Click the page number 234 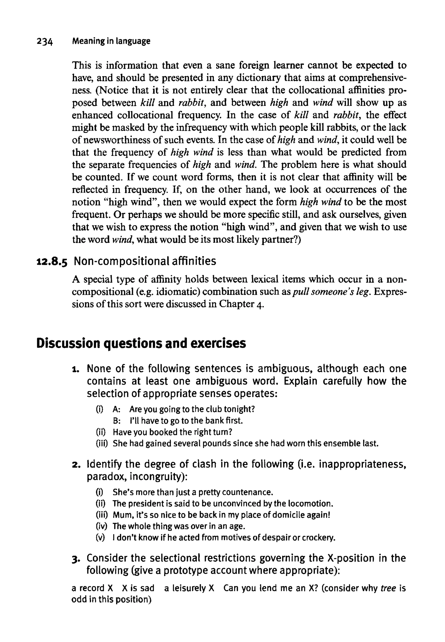[x=45, y=42]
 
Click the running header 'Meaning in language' [x=111, y=41]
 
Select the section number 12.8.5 [x=52, y=262]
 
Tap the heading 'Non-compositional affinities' [x=145, y=261]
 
